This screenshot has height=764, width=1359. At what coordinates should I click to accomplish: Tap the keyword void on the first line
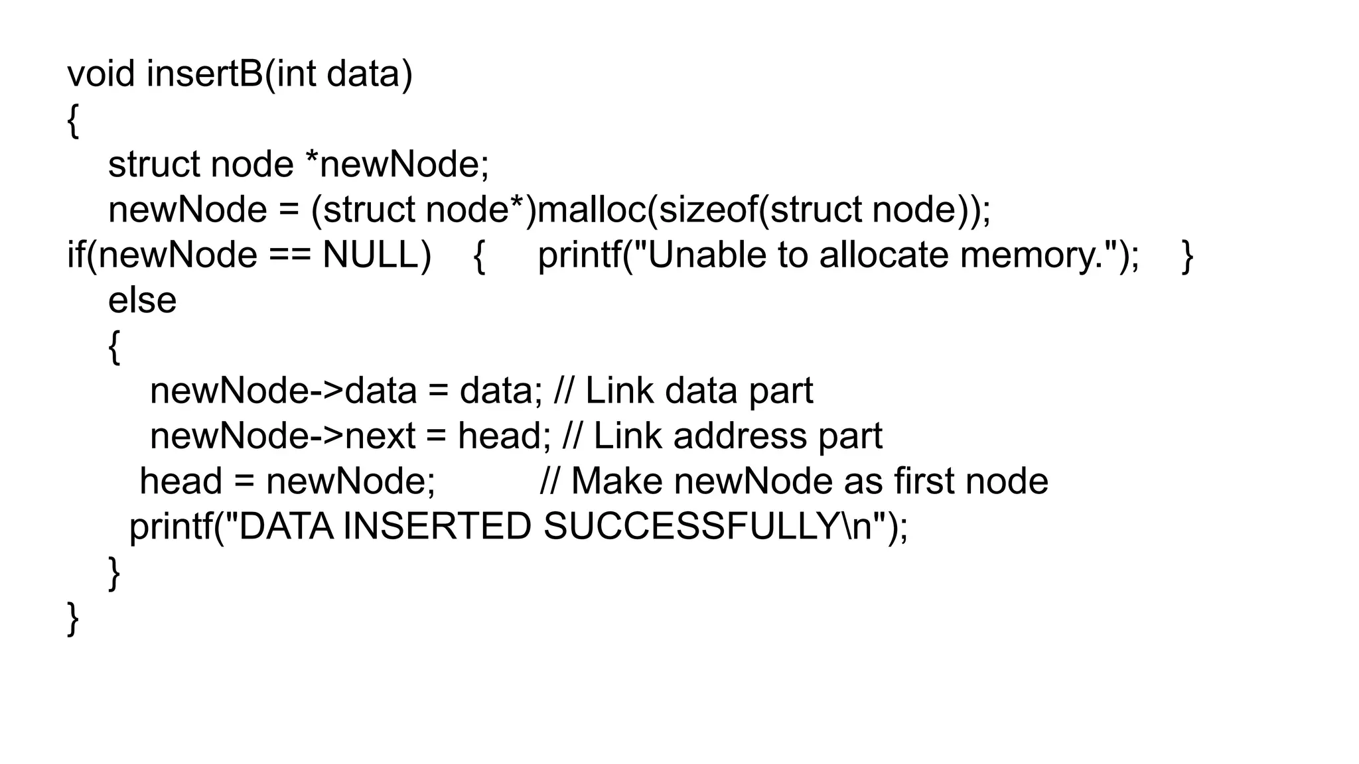(x=101, y=74)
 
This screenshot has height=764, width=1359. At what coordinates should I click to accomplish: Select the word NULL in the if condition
(x=376, y=255)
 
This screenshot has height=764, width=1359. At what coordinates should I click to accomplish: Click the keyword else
(x=142, y=300)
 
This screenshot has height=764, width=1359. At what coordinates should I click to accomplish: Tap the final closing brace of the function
(x=73, y=619)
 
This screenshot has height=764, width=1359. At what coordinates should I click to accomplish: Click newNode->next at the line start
(x=281, y=436)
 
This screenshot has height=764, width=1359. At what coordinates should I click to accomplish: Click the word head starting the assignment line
(x=180, y=481)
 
